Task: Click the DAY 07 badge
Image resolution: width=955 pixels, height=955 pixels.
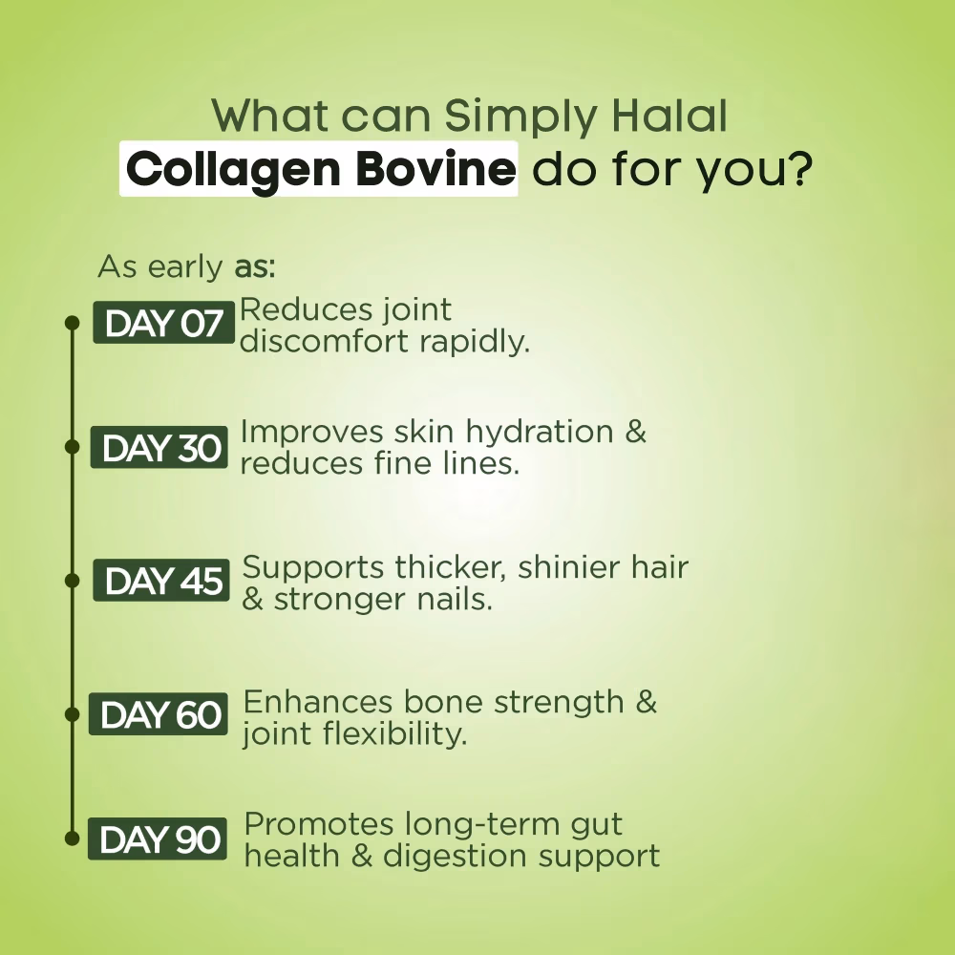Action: [163, 324]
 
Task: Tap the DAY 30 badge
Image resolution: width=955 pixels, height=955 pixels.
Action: [159, 448]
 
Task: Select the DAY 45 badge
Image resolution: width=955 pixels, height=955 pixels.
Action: [161, 581]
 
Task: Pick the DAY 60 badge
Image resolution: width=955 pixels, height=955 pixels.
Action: [159, 714]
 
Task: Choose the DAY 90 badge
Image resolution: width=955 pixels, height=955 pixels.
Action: [159, 839]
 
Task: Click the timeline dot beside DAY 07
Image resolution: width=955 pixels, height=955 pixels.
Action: [71, 323]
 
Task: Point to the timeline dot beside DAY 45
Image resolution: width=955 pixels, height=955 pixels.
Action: [71, 580]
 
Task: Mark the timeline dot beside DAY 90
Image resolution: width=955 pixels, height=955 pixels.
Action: [71, 838]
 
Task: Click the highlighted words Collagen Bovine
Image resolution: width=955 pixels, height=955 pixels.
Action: [319, 169]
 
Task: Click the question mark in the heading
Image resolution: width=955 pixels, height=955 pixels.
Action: [798, 169]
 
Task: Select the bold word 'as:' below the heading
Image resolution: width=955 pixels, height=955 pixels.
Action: [255, 266]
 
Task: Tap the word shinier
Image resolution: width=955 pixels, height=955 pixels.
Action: [570, 567]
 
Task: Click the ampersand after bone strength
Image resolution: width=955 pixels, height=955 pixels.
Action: [646, 703]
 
